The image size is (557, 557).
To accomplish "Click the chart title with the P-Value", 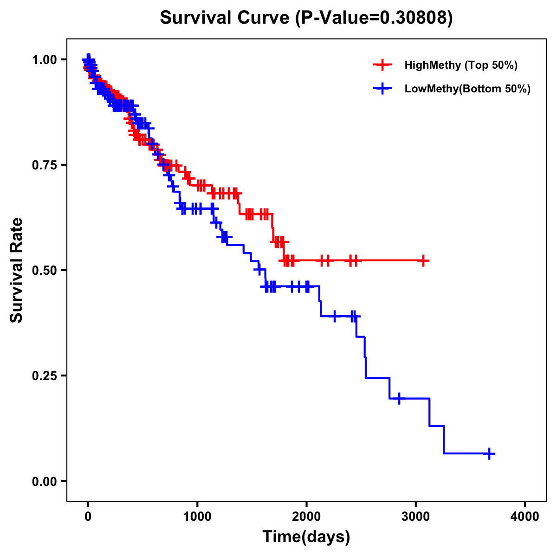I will tap(306, 18).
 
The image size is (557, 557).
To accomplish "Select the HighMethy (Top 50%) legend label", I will tap(460, 65).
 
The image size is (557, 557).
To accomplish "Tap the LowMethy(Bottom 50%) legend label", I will tap(467, 89).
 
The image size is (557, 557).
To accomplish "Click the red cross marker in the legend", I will tap(382, 65).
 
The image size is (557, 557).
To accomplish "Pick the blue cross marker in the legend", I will tap(382, 89).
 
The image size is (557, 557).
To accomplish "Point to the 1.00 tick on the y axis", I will tap(44, 60).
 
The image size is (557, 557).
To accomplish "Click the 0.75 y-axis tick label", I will tap(44, 165).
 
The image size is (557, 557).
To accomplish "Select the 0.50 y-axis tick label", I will tap(44, 271).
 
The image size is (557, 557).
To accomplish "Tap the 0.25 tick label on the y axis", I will tap(44, 376).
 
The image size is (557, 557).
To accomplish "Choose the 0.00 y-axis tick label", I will tap(44, 481).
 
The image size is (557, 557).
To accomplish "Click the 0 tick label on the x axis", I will tap(88, 517).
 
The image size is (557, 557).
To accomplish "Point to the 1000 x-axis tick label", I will tap(197, 517).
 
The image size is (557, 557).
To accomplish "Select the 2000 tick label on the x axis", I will tap(306, 517).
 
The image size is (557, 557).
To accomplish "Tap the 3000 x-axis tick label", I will tap(416, 517).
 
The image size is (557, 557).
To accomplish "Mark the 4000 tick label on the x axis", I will tap(525, 517).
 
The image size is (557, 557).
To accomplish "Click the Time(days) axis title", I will tap(306, 537).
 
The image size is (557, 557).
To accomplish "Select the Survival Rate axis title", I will tap(17, 270).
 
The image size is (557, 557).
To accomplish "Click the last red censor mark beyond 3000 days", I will tap(423, 261).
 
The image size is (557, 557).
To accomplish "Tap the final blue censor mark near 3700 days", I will tap(489, 453).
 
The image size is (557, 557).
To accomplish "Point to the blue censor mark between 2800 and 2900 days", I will tap(399, 398).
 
